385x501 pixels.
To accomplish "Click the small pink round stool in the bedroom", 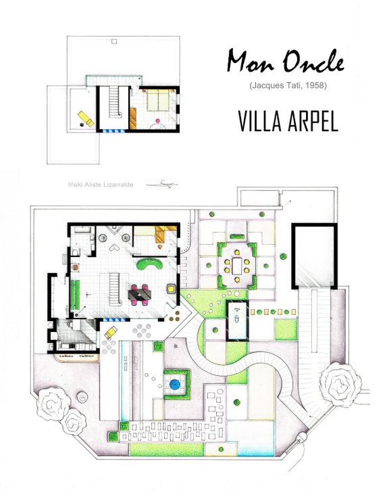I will coord(159,122).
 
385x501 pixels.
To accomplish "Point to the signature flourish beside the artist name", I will coord(165,183).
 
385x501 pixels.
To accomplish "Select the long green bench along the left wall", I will coord(76,293).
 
